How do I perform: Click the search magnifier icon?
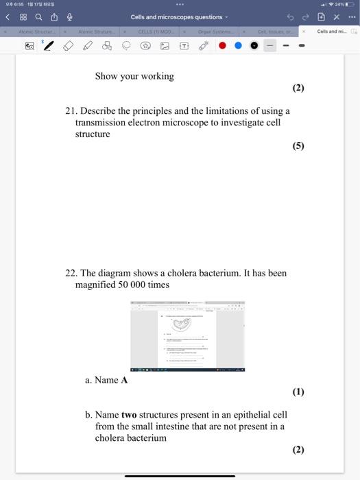(x=39, y=17)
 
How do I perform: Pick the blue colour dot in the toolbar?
(x=239, y=46)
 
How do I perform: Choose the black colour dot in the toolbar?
(x=254, y=46)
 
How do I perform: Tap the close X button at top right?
(x=337, y=17)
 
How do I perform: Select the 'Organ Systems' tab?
(x=214, y=31)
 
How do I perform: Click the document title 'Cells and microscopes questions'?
(x=176, y=17)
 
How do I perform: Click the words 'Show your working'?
(x=134, y=76)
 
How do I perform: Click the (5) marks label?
(x=298, y=146)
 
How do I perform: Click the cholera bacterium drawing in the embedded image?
(x=184, y=326)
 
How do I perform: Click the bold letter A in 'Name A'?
(x=124, y=380)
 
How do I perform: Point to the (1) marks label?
(x=298, y=392)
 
